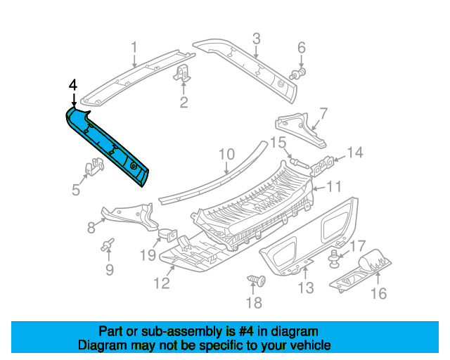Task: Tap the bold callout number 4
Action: coord(73,85)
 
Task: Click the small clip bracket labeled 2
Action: coord(183,73)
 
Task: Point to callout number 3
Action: coord(256,39)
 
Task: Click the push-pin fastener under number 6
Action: coord(297,74)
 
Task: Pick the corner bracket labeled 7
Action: coord(301,129)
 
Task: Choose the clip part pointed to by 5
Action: coord(94,166)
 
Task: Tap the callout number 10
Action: coord(226,154)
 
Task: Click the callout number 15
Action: coord(278,143)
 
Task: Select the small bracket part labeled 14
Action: coord(322,166)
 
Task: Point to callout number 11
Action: coord(335,186)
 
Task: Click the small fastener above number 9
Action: coord(108,245)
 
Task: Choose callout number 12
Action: coord(162,283)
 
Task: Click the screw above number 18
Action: coord(256,280)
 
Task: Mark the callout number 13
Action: coord(306,288)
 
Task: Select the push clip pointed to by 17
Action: coord(334,259)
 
